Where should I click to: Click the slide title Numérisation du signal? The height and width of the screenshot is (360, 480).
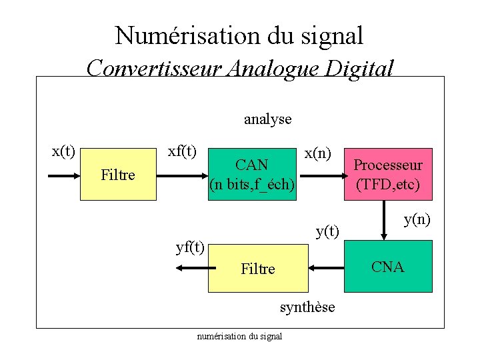pos(239,35)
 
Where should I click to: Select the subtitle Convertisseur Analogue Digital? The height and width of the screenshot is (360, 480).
pos(240,67)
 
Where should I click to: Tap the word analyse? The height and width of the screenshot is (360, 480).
pos(267,119)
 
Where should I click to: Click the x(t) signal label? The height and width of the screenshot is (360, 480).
pos(63,151)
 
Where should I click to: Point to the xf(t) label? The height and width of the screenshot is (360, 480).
pos(182,151)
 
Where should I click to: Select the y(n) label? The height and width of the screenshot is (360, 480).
pos(417,219)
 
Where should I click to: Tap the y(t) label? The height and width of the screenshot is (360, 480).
pos(327,231)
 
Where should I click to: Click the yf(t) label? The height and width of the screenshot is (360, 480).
pos(190,248)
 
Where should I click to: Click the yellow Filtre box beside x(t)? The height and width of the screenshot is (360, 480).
pos(118,175)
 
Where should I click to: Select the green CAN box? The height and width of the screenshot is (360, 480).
pos(252,174)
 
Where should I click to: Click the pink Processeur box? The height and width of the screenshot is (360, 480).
pos(387,174)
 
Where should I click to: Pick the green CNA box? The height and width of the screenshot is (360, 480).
pos(388,267)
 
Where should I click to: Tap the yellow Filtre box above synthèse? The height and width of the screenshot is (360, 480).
pos(258,269)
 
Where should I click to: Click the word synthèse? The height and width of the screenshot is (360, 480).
pos(307,307)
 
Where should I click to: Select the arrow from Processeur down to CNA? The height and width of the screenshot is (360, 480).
pos(385,220)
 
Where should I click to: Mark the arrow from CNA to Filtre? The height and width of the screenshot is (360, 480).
pos(326,269)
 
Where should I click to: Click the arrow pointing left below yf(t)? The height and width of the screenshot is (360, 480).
pos(192,268)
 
